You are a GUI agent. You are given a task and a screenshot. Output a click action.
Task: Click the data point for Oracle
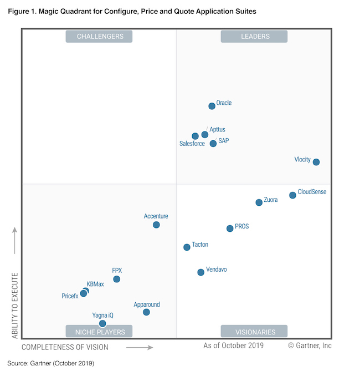coord(212,106)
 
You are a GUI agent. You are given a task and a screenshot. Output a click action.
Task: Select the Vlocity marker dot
coord(316,162)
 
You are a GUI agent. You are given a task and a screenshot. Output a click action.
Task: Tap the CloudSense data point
coord(292,195)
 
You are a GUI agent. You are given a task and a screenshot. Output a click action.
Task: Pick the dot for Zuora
coord(259,202)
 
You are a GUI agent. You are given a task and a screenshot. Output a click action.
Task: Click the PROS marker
coord(230,228)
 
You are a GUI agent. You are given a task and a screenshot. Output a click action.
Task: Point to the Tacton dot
coord(187,247)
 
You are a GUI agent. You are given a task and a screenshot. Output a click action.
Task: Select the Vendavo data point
coord(200,272)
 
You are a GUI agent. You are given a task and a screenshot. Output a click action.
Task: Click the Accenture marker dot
coord(156,225)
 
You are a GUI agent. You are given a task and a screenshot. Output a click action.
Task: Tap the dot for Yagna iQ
coord(102,323)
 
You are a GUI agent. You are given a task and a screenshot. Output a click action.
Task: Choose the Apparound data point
coord(146,312)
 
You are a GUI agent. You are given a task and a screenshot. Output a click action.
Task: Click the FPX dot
coord(116,279)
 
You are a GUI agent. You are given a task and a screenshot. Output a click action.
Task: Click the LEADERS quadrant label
coord(254,37)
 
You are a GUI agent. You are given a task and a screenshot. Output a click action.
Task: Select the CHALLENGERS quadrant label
coord(99,37)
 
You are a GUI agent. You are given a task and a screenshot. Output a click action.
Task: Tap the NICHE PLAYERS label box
coord(99,332)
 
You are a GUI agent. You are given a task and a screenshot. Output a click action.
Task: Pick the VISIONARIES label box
coord(254,332)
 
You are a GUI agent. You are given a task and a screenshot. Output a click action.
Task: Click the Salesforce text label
coord(192,144)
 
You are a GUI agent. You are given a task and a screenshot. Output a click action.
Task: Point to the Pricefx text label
coord(70,296)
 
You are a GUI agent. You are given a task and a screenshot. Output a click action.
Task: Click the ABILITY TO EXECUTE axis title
coord(15,305)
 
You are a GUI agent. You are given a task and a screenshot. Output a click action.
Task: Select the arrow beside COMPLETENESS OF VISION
coord(139,348)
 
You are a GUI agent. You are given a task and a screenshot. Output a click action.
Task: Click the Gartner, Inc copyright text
coord(310,345)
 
